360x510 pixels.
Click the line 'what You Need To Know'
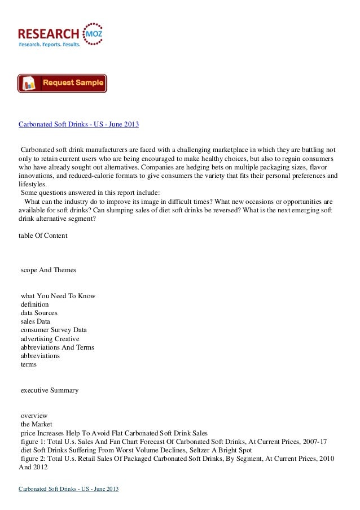58,296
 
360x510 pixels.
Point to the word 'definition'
34,304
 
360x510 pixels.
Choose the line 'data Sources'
38,313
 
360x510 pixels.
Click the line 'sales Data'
35,321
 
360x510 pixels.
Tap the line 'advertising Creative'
50,338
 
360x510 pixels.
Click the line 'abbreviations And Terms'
57,347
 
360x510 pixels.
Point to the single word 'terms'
28,364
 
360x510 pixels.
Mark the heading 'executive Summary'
49,390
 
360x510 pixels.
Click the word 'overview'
34,415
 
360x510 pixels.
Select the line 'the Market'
36,424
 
